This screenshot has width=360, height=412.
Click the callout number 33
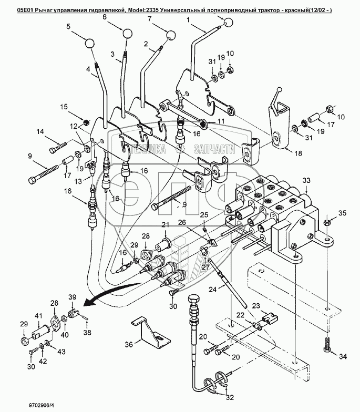point(306,181)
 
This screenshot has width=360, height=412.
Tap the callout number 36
point(129,344)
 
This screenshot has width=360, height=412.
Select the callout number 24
point(213,289)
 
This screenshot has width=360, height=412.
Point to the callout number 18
point(299,153)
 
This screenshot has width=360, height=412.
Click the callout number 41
point(38,316)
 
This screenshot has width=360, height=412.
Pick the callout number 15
point(64,107)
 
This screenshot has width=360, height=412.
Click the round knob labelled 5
point(89,43)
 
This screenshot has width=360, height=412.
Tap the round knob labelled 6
point(127,34)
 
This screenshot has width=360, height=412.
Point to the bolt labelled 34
point(326,344)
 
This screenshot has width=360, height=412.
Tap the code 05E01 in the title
point(25,11)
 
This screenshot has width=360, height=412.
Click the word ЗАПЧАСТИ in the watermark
point(214,149)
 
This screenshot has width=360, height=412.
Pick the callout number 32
point(230,397)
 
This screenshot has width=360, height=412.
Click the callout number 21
point(165,225)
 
